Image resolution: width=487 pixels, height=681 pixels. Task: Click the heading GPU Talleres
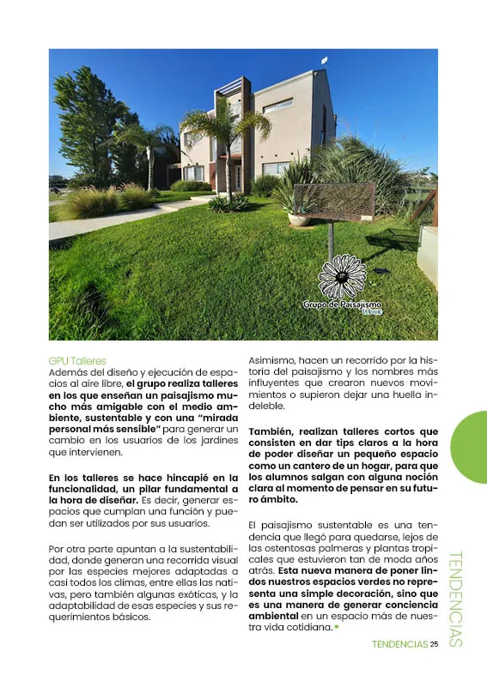[x=77, y=361]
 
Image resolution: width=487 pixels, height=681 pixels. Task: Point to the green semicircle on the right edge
[x=471, y=447]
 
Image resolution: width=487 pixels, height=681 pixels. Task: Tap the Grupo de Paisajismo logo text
[x=342, y=305]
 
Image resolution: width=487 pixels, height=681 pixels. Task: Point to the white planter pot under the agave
[x=300, y=219]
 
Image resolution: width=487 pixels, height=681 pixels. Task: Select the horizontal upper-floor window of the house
[x=277, y=105]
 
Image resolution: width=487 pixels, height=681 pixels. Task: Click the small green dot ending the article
[x=337, y=627]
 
